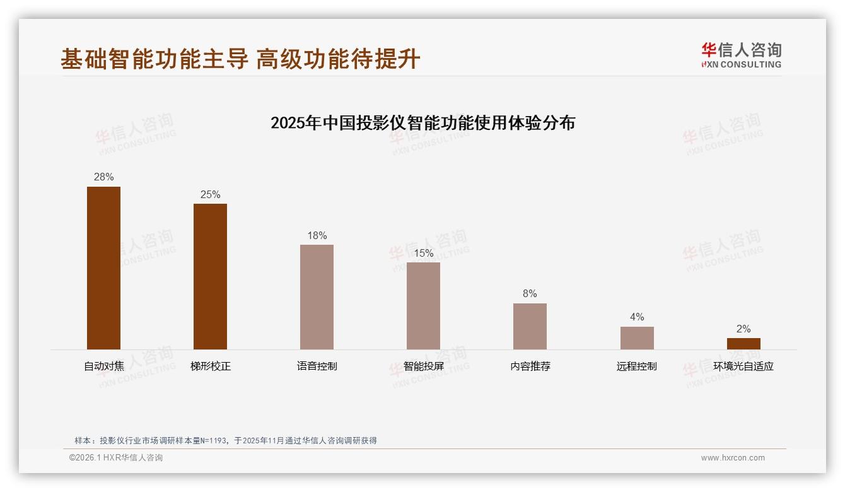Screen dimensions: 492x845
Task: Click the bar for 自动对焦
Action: click(x=103, y=267)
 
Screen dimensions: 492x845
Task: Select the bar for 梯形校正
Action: click(x=210, y=276)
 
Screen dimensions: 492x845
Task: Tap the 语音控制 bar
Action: click(x=317, y=296)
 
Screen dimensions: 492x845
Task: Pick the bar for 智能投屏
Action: click(x=423, y=305)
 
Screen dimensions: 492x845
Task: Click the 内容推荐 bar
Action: click(x=530, y=326)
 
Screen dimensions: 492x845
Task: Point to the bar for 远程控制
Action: click(x=637, y=337)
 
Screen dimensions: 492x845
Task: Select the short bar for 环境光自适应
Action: click(x=743, y=344)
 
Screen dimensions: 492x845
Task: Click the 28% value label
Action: click(x=103, y=177)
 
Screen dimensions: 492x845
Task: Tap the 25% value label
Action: click(x=210, y=195)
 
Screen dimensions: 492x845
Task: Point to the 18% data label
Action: click(x=317, y=236)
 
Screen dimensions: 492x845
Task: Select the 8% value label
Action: click(x=530, y=294)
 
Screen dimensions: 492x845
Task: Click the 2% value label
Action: click(x=743, y=329)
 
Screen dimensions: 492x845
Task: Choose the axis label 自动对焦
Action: click(x=103, y=366)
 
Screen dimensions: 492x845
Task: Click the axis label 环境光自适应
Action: click(x=743, y=366)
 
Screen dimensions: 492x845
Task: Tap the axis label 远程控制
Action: click(x=637, y=366)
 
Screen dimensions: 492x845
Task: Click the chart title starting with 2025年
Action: click(x=422, y=122)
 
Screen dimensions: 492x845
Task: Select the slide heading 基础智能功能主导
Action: click(x=154, y=59)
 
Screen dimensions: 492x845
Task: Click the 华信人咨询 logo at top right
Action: click(x=741, y=55)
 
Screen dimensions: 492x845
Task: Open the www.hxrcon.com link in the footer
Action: click(x=733, y=458)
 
